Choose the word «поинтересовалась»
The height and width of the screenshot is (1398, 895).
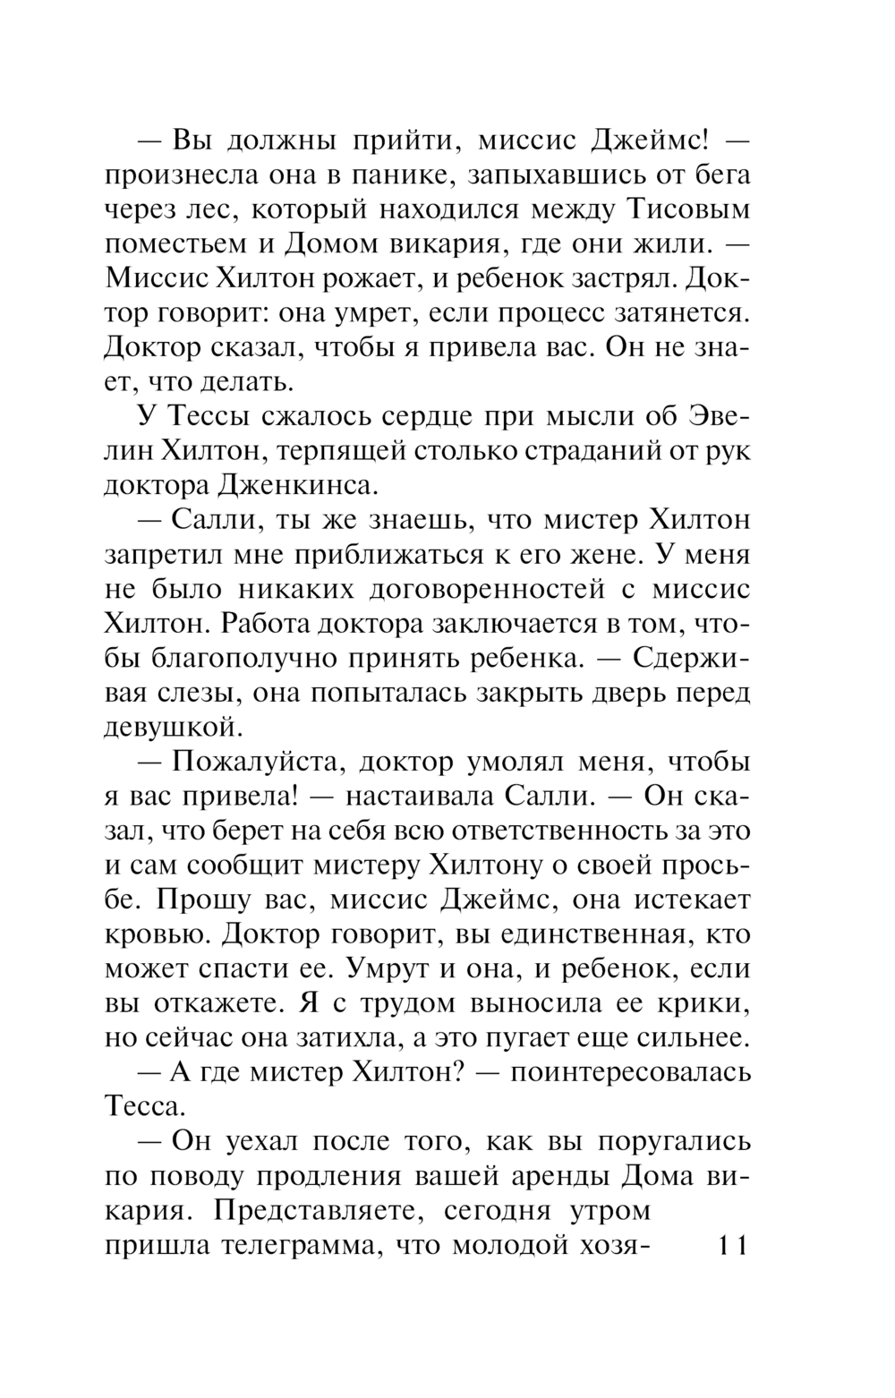click(630, 1072)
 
